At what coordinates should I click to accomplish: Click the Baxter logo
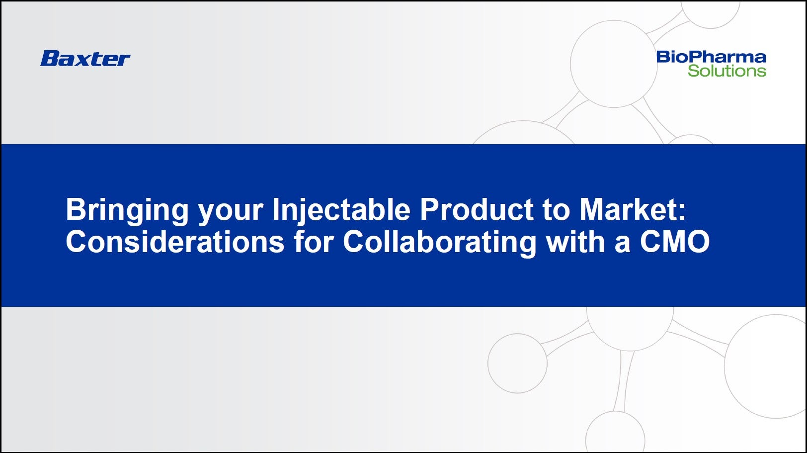tap(85, 58)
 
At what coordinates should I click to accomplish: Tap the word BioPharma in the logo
tap(711, 57)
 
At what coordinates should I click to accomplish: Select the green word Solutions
tap(727, 71)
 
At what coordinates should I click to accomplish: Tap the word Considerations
tap(175, 242)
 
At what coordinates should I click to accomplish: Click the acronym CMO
tap(675, 242)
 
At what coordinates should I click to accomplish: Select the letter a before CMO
tap(622, 245)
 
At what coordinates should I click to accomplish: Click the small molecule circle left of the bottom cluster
tap(517, 363)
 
